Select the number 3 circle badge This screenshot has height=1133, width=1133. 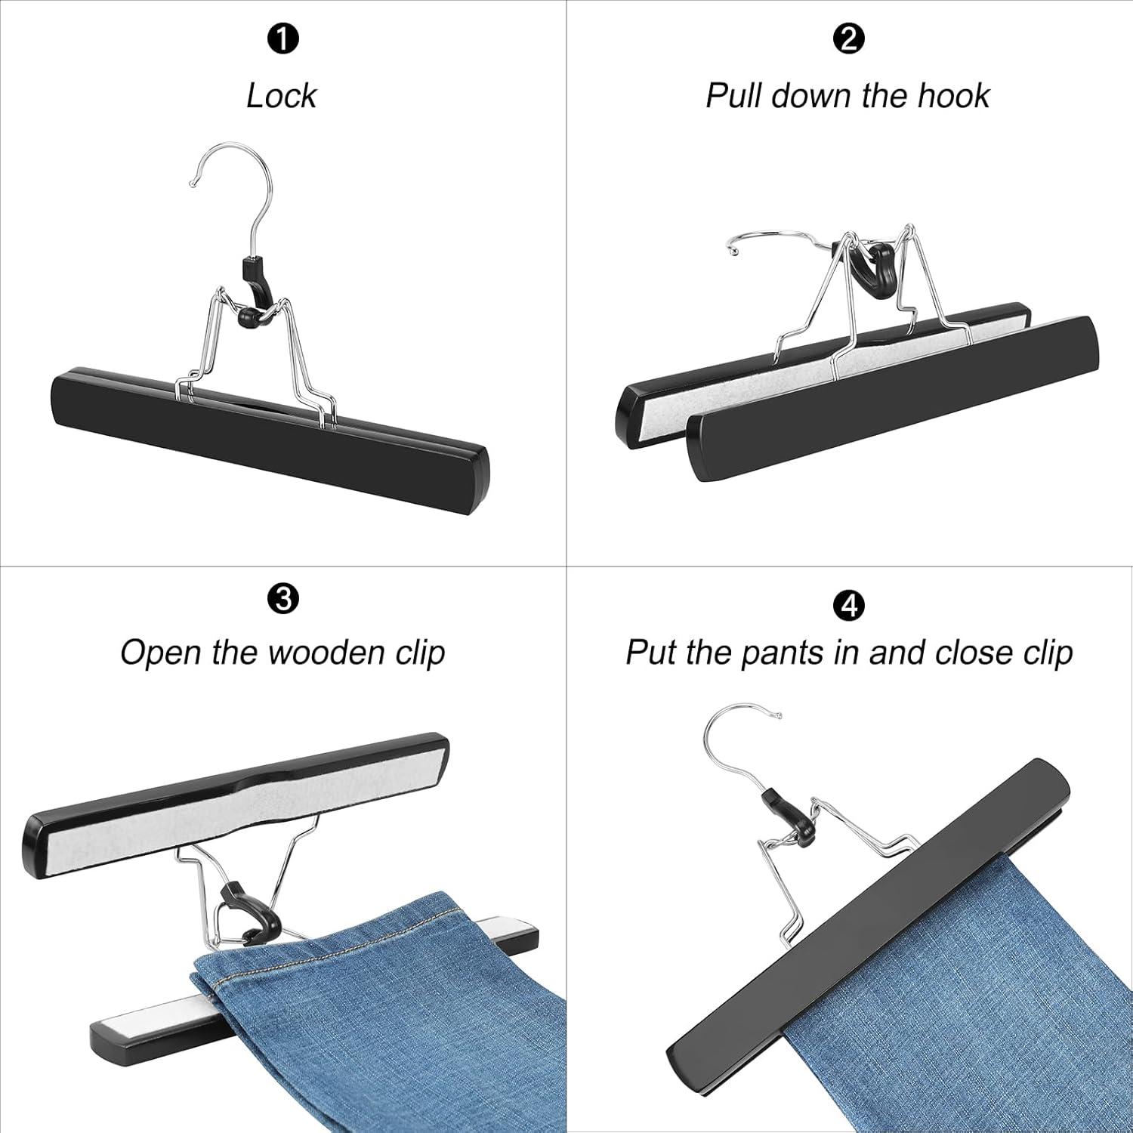[x=282, y=600]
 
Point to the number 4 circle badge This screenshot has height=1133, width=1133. [x=848, y=606]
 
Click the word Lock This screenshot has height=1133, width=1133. [x=281, y=96]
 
